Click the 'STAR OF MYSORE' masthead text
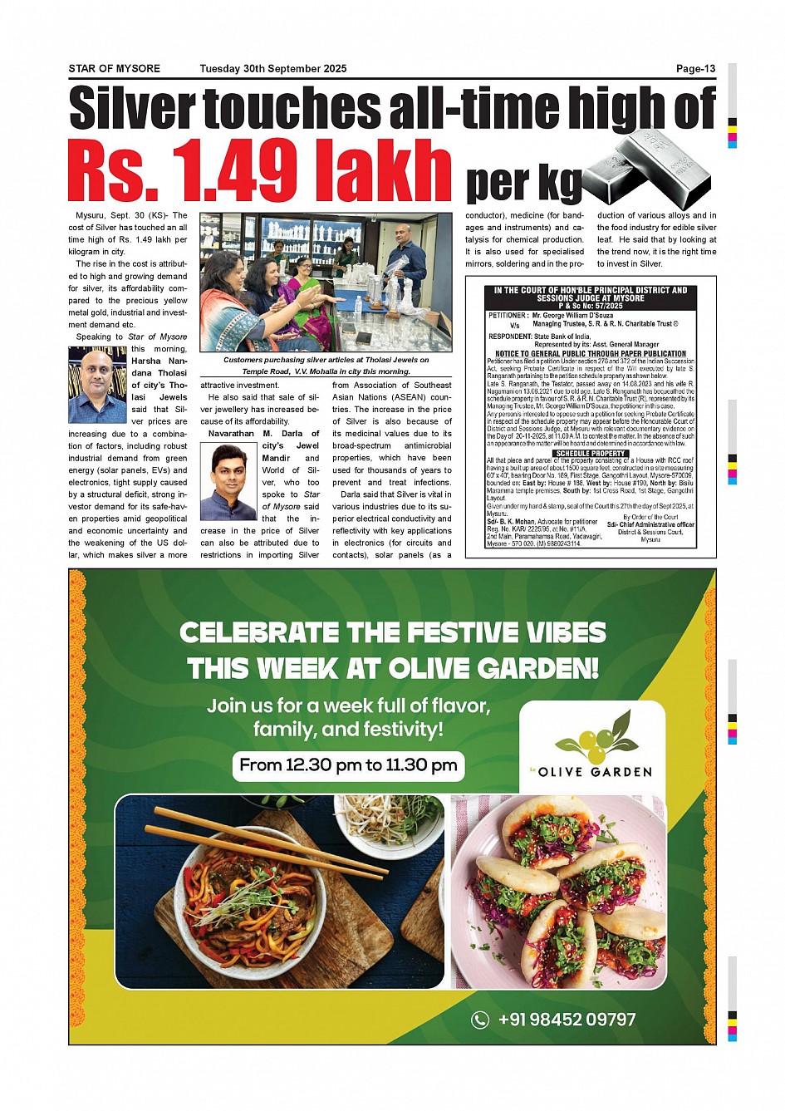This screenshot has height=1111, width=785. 114,69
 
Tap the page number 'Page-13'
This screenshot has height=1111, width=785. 695,69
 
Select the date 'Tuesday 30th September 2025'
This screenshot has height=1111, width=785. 272,69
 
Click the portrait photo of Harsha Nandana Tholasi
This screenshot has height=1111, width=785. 97,385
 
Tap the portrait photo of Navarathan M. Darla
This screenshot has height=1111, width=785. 229,482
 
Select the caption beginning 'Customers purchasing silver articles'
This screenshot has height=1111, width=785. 326,366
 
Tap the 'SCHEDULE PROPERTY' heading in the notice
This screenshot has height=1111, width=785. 590,454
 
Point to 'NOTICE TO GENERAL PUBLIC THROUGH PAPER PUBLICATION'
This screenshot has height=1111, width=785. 590,353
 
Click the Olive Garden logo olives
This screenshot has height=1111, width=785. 592,739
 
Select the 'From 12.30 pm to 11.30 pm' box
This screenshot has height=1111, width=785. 348,765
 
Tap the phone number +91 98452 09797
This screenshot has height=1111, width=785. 567,1020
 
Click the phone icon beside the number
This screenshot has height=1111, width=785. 480,1020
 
